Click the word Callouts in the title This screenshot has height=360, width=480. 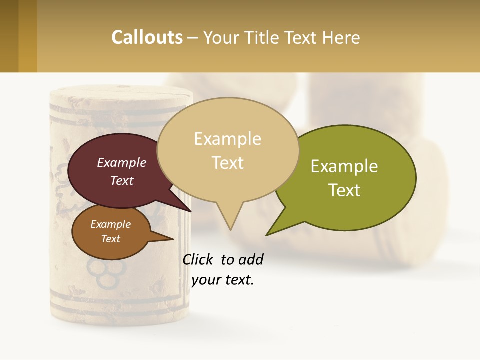click(x=147, y=38)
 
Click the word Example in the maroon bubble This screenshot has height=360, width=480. click(x=122, y=162)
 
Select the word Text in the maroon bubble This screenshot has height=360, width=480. click(x=122, y=180)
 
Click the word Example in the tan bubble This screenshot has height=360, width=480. click(x=227, y=139)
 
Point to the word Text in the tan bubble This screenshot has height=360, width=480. click(x=228, y=162)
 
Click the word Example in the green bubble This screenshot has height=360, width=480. click(x=344, y=166)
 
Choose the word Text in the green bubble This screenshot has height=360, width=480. click(x=344, y=190)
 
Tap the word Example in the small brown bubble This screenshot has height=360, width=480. click(x=110, y=224)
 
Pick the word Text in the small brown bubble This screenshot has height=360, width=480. click(x=110, y=239)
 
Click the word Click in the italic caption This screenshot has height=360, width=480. click(x=198, y=260)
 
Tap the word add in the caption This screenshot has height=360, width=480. click(x=251, y=260)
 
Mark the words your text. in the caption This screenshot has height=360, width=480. click(x=223, y=280)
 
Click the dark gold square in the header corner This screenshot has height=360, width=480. click(x=9, y=36)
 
